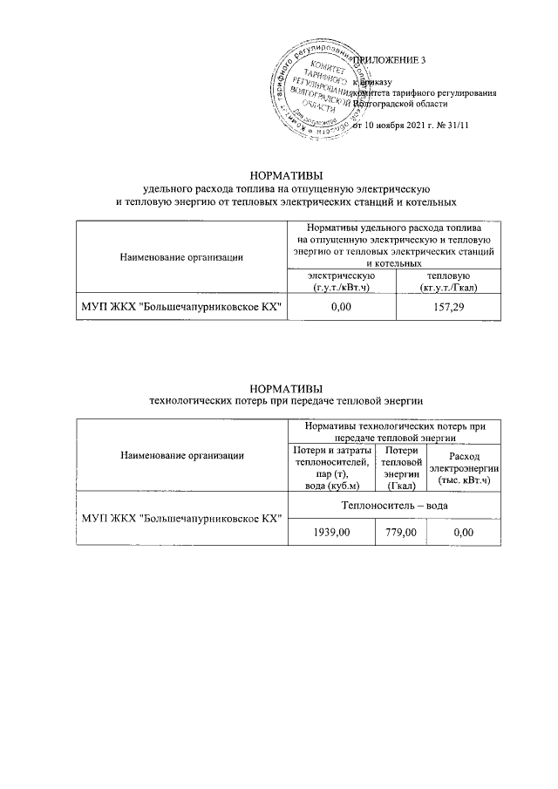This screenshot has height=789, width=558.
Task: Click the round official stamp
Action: point(315,90)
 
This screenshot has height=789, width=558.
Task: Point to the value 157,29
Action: point(448,307)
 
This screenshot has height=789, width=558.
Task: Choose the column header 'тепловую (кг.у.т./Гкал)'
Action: point(448,281)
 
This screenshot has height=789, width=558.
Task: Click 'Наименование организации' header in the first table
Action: point(181,255)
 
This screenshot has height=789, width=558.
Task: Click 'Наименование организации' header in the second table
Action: point(181,455)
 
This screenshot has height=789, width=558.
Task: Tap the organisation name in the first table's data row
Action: point(181,307)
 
